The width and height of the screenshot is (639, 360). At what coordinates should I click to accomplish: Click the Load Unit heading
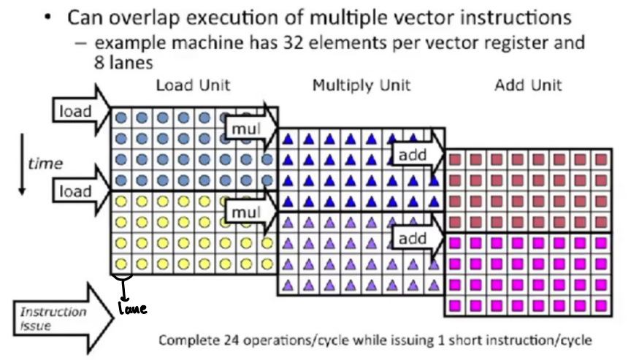(193, 85)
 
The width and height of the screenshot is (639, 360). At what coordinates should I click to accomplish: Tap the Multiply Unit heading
(361, 85)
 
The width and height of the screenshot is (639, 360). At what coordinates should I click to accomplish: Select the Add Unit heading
(528, 85)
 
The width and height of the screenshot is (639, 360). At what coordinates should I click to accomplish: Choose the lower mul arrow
(249, 212)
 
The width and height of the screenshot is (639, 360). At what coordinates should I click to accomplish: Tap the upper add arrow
(416, 154)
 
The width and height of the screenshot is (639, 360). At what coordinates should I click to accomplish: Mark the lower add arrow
(416, 238)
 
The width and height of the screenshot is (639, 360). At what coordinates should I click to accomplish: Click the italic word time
(45, 164)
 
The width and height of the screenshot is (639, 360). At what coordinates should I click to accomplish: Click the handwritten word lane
(132, 309)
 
